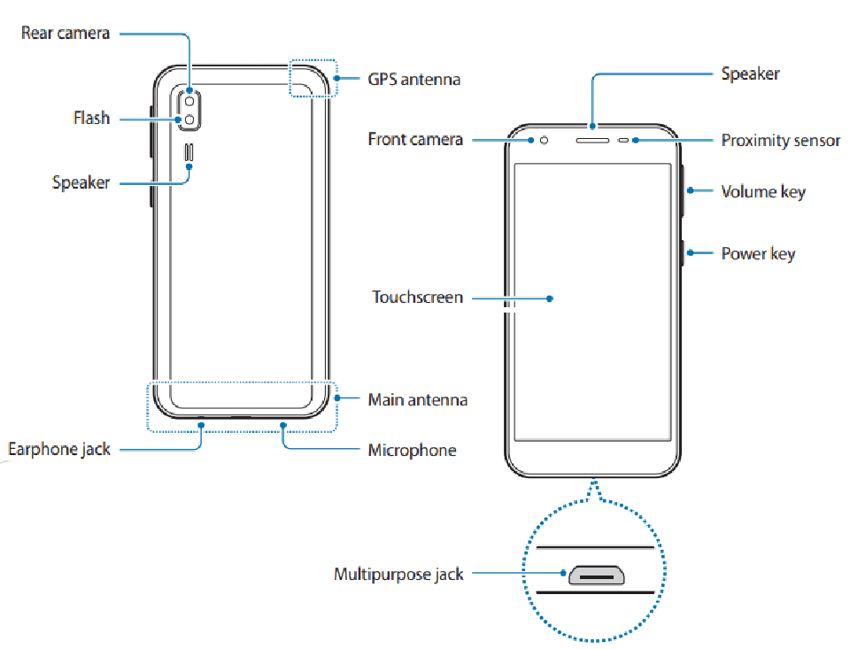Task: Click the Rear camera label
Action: [x=65, y=33]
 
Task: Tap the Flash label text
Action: [x=91, y=118]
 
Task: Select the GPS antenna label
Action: [x=414, y=79]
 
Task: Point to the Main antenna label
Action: [x=417, y=399]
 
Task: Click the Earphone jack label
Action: [x=59, y=450]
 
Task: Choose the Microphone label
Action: [x=412, y=450]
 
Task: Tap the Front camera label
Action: [x=415, y=139]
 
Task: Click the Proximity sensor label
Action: [x=781, y=141]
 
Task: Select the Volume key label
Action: [x=763, y=191]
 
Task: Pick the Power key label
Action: [x=758, y=254]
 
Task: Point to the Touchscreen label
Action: [x=417, y=297]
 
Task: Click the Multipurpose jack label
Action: [x=398, y=574]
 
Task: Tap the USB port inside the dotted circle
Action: [x=596, y=576]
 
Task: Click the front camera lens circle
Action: [x=544, y=141]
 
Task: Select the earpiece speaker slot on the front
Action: [x=592, y=141]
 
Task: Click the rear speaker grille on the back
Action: [x=189, y=152]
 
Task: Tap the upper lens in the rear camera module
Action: [x=189, y=102]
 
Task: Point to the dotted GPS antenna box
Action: [x=313, y=60]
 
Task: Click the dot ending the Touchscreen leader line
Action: [x=550, y=298]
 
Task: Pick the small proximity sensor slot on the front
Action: [x=623, y=141]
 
